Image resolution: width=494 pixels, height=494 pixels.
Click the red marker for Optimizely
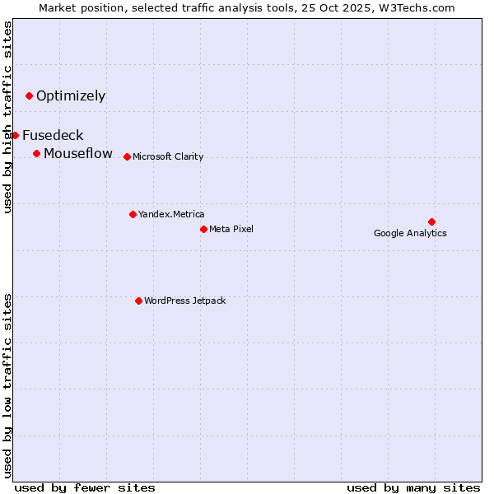tap(30, 96)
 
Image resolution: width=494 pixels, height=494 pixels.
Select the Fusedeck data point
tap(15, 135)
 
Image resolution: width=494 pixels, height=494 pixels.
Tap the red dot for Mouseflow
tap(37, 154)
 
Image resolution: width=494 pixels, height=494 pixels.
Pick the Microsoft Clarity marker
tap(127, 156)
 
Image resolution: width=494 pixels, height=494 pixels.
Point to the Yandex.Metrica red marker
tap(133, 214)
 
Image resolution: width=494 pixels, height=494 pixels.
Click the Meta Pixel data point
tap(203, 229)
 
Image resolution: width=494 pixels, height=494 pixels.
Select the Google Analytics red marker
tap(431, 221)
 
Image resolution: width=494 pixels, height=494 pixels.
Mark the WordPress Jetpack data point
tap(138, 301)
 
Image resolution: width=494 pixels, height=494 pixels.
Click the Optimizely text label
tap(71, 96)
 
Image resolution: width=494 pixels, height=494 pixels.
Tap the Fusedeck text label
tap(53, 136)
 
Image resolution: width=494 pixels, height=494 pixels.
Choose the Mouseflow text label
tap(78, 154)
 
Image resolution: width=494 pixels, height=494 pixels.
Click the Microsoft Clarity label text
tap(168, 157)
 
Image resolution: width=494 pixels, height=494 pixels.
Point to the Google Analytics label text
tap(410, 234)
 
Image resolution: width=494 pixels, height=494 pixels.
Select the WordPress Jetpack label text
tap(184, 301)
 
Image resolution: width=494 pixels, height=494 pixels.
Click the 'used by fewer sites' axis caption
tap(85, 487)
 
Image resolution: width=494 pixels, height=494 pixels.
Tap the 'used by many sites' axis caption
tap(412, 487)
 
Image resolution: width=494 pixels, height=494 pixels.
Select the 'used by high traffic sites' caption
tap(7, 117)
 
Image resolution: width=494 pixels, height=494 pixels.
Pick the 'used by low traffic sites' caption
tap(7, 384)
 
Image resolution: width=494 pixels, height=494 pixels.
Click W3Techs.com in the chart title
tap(425, 7)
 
